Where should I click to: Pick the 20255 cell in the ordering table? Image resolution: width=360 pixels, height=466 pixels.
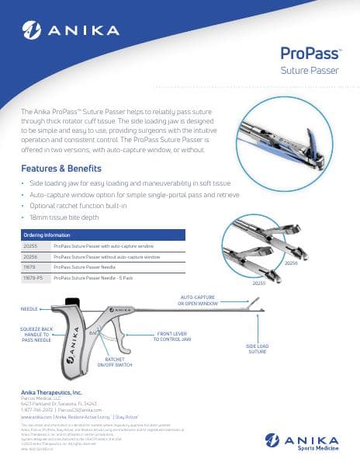[x=32, y=245]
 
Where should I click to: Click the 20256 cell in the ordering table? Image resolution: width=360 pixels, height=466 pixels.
[x=32, y=256]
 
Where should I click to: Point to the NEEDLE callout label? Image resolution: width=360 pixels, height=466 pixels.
[x=29, y=309]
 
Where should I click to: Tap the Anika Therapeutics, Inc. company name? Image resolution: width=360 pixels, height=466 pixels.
[x=51, y=394]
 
